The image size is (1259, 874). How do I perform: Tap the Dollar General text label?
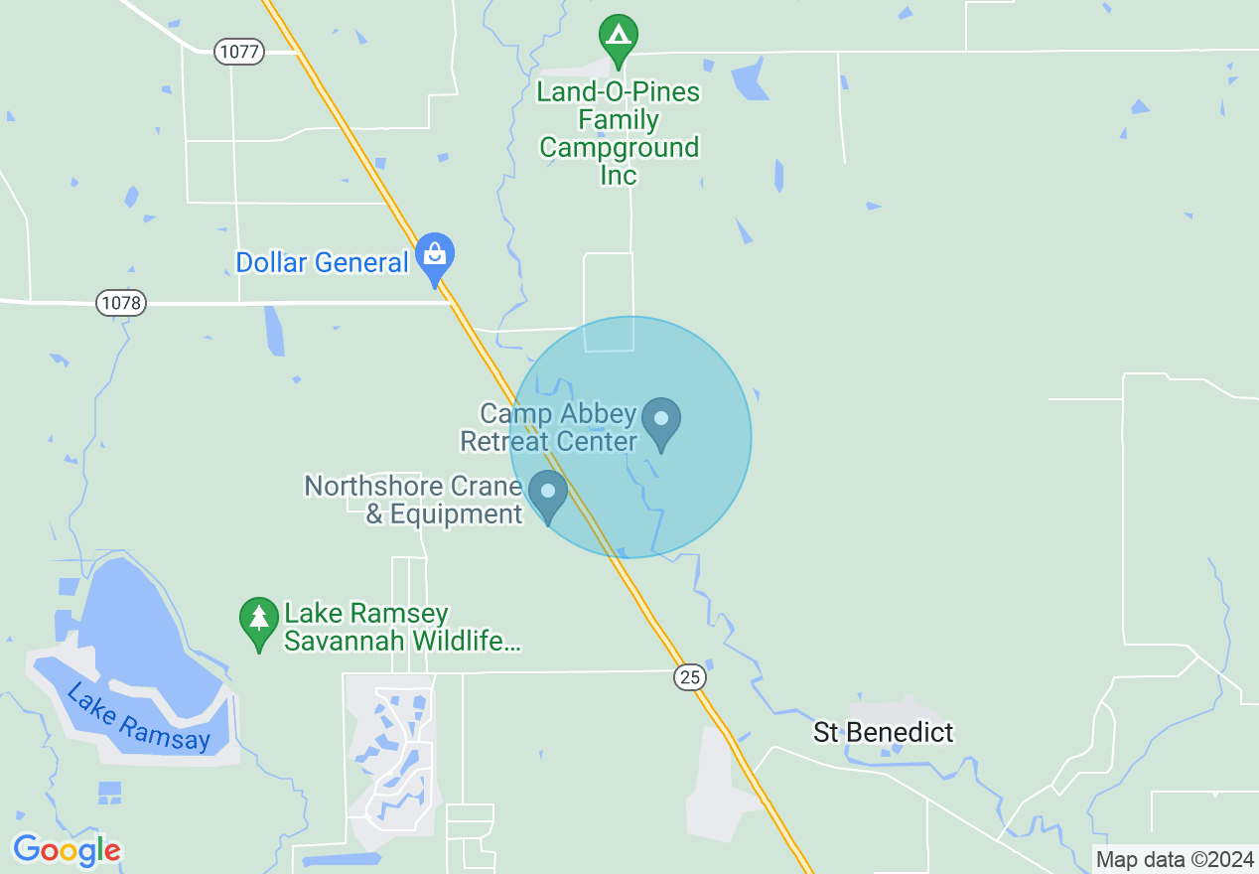(322, 263)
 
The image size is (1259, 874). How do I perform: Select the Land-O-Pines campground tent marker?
(619, 38)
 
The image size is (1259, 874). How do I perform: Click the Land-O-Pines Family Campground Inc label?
(619, 134)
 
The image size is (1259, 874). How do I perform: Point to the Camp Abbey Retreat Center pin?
(661, 420)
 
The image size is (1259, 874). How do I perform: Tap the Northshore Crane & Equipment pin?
(547, 493)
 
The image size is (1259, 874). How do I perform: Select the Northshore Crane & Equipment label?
(413, 500)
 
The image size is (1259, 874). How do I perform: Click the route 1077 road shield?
(239, 53)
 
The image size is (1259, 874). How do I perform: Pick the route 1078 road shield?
(121, 303)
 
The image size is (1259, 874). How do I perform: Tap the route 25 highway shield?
(690, 677)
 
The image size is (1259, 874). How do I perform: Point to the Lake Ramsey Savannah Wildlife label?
(401, 628)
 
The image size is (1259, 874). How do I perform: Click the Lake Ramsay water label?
(138, 717)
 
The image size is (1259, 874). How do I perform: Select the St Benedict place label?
(883, 733)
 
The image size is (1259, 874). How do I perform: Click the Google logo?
(67, 850)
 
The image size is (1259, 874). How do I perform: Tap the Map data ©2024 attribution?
(1174, 860)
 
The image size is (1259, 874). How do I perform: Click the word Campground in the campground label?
(619, 148)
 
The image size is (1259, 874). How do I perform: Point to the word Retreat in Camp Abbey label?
(504, 441)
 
